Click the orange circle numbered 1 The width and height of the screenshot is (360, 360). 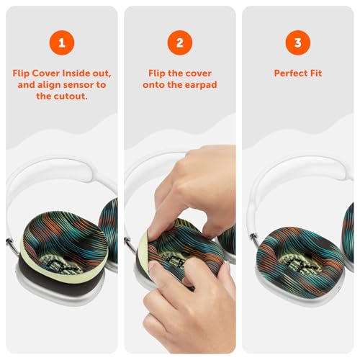click(62, 42)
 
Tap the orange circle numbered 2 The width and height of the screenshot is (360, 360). click(180, 42)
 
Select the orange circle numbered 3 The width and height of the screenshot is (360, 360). click(298, 42)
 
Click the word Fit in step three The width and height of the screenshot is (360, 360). click(315, 73)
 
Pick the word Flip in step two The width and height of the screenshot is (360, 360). click(157, 73)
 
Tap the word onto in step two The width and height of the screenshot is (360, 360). click(151, 85)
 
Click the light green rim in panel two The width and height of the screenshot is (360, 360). click(142, 250)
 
